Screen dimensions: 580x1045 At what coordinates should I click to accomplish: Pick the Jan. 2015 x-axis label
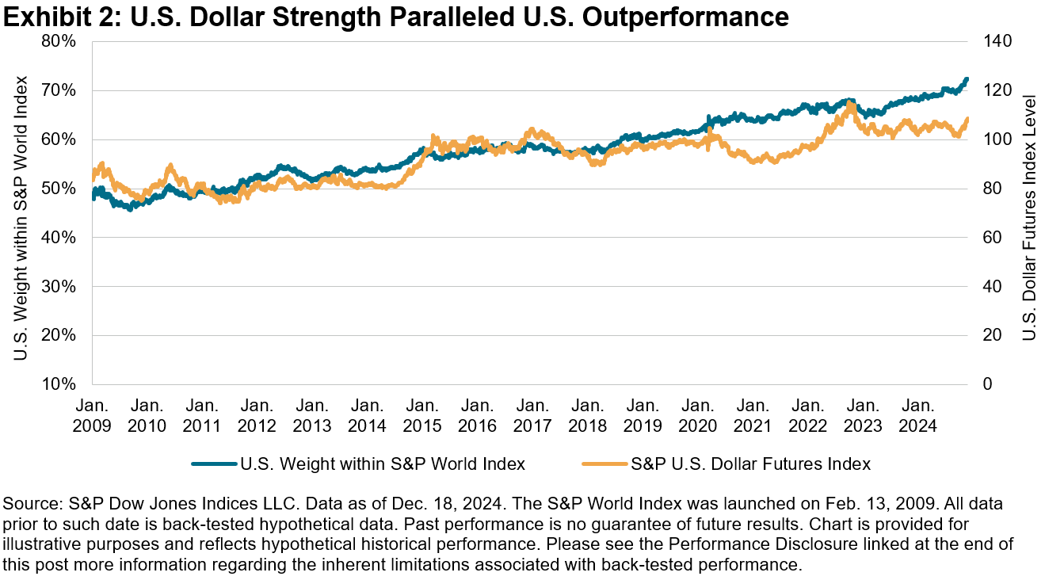tap(422, 415)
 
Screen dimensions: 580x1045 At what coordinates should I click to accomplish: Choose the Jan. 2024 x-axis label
tap(917, 415)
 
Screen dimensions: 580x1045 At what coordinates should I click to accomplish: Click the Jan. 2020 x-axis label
tap(697, 415)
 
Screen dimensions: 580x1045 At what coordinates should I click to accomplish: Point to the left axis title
tap(21, 218)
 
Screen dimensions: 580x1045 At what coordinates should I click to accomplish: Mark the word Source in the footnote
tap(29, 503)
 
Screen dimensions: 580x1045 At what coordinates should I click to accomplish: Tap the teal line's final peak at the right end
tap(967, 79)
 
